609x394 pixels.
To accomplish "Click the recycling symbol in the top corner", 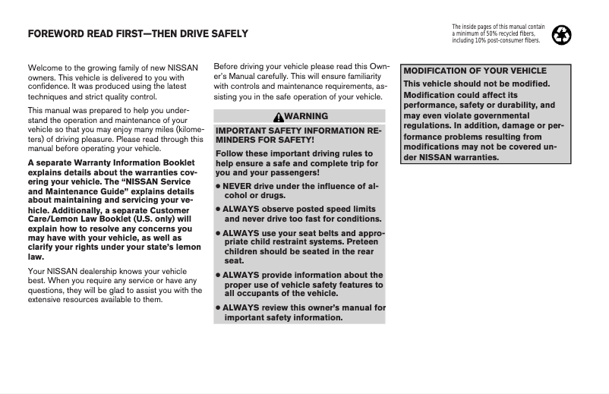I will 564,34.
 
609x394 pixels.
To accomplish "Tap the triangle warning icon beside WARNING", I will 279,116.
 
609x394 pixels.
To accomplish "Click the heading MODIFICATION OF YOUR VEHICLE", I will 475,71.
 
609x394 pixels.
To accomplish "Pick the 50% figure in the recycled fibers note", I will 503,33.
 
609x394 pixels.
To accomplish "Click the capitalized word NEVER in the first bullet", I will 238,186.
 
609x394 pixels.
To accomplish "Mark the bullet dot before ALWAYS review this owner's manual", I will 217,307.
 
